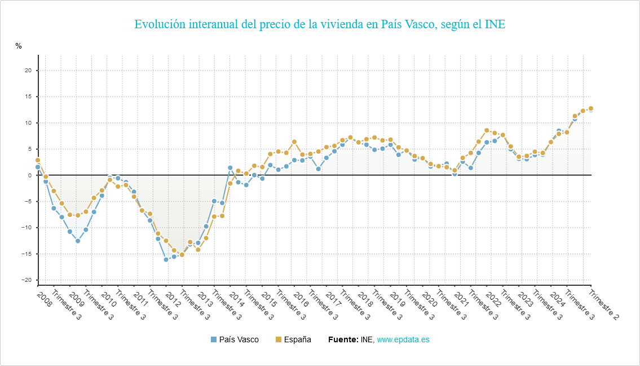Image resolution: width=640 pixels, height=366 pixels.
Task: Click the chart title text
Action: [x=320, y=25]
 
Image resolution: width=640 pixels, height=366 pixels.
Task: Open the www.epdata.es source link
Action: [x=403, y=339]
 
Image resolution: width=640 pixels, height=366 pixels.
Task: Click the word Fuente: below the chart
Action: [x=343, y=339]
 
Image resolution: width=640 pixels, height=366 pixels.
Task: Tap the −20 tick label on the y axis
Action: [x=27, y=280]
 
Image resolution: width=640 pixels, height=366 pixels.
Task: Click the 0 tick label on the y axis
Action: [x=29, y=175]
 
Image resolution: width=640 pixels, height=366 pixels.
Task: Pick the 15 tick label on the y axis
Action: [x=28, y=97]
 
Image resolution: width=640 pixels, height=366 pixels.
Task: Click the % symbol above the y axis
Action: [x=19, y=46]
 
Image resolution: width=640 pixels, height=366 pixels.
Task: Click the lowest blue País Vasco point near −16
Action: [x=166, y=259]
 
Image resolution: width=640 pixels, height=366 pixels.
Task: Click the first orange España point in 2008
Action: [x=38, y=160]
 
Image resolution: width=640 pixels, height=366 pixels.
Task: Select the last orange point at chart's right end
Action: [x=591, y=108]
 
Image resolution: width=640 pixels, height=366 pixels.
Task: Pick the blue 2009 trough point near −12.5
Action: [x=78, y=241]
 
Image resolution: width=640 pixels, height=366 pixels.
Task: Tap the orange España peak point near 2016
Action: [x=294, y=142]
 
